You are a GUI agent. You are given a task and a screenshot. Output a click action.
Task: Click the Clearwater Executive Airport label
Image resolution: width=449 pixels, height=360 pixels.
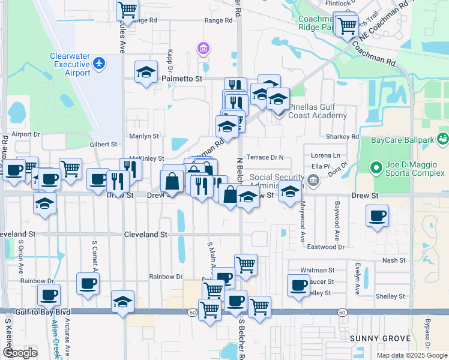point(70,65)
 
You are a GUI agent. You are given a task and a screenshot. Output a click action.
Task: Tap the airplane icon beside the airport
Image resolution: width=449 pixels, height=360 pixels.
point(99,62)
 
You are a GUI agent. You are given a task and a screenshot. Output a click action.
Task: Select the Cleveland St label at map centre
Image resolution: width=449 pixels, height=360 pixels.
point(146,235)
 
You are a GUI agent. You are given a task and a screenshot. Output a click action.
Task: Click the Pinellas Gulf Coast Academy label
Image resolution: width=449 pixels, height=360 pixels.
point(317,111)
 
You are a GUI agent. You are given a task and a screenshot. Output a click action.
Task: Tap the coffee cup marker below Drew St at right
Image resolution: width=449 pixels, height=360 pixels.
point(377,216)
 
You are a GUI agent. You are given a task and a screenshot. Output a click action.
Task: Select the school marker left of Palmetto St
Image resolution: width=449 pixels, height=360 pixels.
point(146,72)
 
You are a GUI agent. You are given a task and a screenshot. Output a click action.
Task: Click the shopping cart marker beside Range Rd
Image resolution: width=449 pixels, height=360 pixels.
point(128,10)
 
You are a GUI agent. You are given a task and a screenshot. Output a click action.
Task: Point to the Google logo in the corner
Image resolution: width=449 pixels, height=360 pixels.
point(20,353)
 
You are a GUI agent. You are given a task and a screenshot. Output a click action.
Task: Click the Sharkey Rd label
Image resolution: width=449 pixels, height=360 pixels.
point(342,137)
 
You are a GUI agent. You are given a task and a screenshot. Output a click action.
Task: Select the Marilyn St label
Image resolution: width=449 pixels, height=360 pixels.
point(144,137)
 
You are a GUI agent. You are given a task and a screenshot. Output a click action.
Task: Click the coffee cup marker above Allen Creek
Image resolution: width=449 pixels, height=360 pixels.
point(49,295)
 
